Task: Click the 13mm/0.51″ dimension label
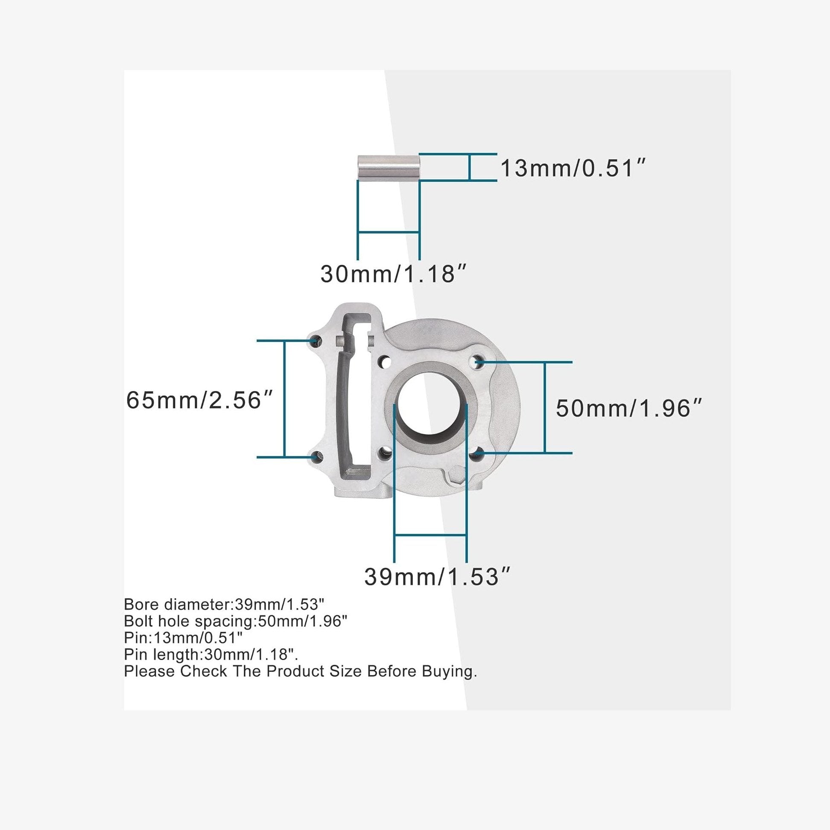(573, 168)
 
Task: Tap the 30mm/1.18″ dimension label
(393, 274)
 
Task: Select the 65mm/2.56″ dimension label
(199, 400)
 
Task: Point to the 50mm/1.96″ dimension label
(628, 408)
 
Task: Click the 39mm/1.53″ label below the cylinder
(437, 576)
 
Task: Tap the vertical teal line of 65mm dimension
(284, 400)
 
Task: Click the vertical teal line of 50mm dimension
(545, 407)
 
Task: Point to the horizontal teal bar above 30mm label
(389, 232)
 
